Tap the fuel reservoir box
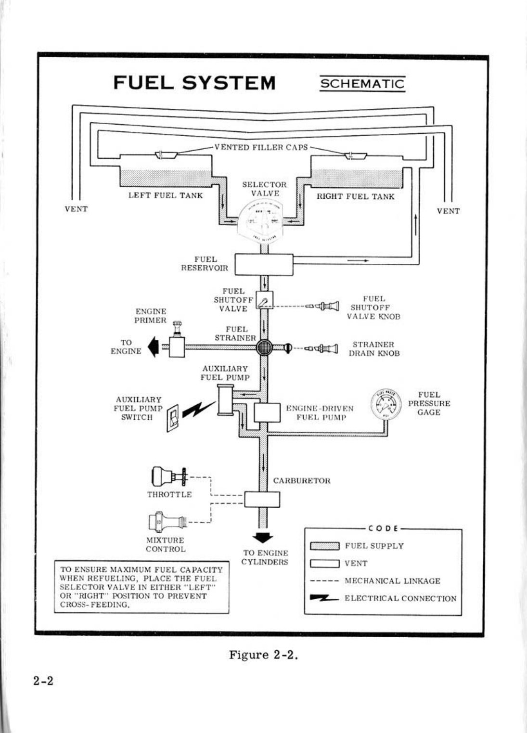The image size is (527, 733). pos(264,265)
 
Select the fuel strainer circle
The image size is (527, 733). pos(264,347)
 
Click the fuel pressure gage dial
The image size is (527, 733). pos(386,403)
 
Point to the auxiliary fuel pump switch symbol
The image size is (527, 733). pos(173,417)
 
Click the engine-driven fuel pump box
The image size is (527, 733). pos(267,412)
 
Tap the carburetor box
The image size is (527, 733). pos(262,499)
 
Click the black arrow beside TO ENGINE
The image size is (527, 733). pos(153,347)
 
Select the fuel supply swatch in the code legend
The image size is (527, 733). pos(325,546)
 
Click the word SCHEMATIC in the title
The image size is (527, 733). pos(362,84)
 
